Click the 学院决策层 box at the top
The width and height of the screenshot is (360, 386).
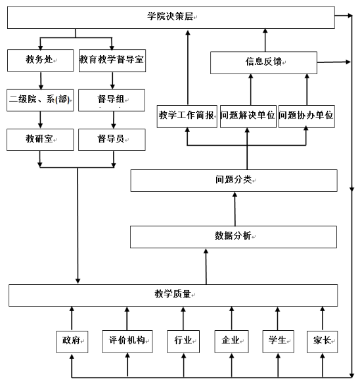coord(171,16)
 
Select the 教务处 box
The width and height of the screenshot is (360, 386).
coord(40,60)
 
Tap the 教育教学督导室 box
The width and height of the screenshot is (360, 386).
coord(112,60)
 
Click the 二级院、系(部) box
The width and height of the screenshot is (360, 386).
coord(40,100)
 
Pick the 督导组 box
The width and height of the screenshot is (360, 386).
coord(112,100)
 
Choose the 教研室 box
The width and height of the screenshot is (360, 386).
coord(40,139)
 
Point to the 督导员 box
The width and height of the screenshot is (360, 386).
coord(112,139)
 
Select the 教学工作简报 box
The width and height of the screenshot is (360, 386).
coord(187,116)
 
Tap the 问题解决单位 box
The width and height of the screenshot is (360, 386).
coord(248,116)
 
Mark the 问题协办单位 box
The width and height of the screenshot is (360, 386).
coord(307,116)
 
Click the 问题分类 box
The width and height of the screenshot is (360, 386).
coord(234,181)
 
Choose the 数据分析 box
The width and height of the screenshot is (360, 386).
coord(234,236)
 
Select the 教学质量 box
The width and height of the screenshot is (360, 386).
coord(173,295)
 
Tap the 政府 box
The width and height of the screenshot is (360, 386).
coord(71,341)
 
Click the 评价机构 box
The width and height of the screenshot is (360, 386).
coord(127,341)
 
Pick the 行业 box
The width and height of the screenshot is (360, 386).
coord(183,341)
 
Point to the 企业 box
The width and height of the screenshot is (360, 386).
coord(231,341)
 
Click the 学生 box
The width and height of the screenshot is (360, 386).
coord(277,341)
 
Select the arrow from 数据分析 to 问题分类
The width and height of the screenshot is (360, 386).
coord(235,209)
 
